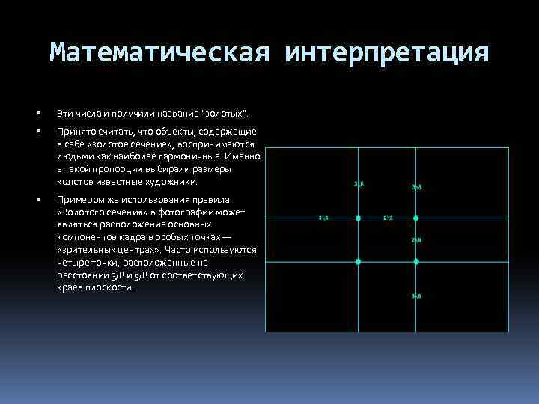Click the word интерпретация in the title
coord(387,52)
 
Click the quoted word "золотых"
coord(225,114)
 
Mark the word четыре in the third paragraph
coord(71,263)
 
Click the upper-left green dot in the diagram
coord(358,218)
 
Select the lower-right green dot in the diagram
coord(416,261)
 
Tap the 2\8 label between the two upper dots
coord(388,218)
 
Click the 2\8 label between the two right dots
coord(416,239)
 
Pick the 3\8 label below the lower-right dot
coord(416,296)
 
